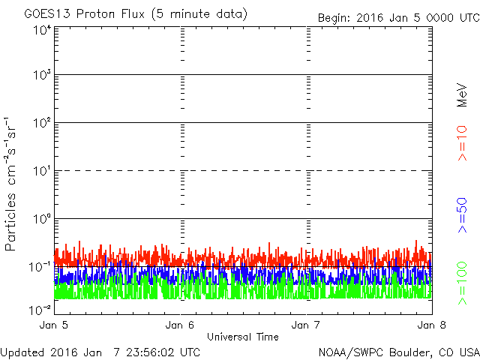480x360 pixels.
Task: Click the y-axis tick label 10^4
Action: [x=43, y=30]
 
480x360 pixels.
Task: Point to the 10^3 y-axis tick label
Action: [x=43, y=75]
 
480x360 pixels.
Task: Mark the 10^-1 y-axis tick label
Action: [x=41, y=266]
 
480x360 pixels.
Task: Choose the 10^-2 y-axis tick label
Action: [x=41, y=309]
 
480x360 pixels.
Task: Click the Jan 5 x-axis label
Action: [x=55, y=325]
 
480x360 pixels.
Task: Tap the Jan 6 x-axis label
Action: [x=181, y=325]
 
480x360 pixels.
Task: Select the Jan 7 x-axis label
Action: [x=307, y=325]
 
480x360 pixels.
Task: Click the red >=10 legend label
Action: [x=463, y=143]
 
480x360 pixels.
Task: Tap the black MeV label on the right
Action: [x=463, y=94]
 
